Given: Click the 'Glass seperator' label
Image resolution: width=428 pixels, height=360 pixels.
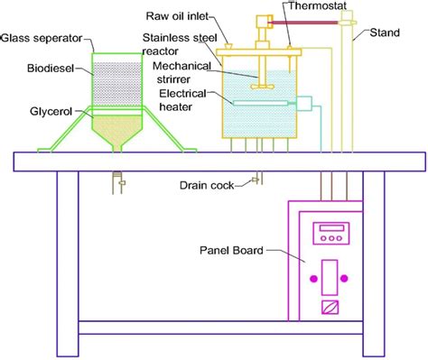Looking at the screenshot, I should click(42, 38).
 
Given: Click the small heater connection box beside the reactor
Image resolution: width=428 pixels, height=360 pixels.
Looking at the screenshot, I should click(308, 105).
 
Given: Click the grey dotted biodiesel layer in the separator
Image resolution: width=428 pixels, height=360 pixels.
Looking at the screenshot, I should click(117, 73).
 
